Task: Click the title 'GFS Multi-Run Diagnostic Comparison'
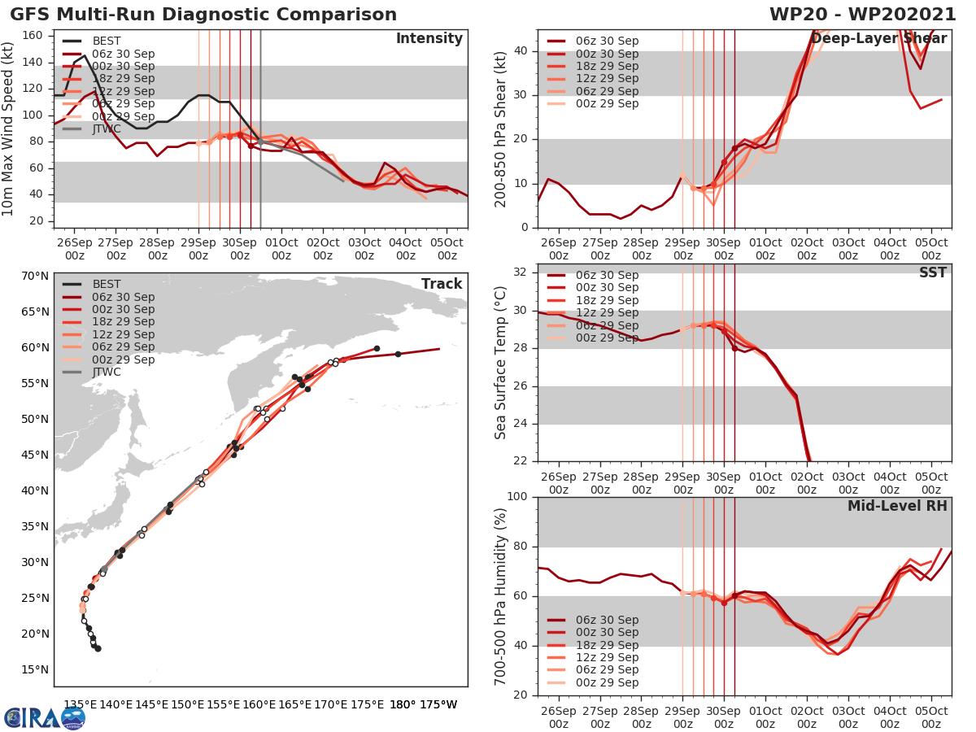[x=203, y=15]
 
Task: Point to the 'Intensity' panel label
[x=429, y=39]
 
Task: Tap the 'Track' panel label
[x=442, y=284]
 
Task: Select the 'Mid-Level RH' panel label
[x=897, y=506]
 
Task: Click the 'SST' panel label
[x=932, y=272]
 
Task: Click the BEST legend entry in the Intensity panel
[x=107, y=41]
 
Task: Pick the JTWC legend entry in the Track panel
[x=107, y=372]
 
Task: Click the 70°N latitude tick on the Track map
[x=35, y=276]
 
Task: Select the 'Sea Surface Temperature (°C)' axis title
[x=500, y=363]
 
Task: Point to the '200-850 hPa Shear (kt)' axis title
[x=500, y=129]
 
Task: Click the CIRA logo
[x=44, y=717]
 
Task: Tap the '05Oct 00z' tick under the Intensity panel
[x=447, y=249]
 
